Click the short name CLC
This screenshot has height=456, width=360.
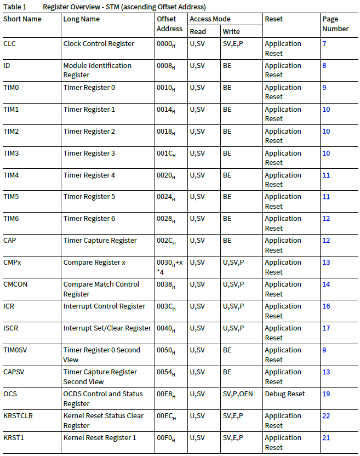tap(9, 43)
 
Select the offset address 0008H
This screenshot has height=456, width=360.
tap(166, 66)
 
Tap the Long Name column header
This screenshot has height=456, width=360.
tap(81, 19)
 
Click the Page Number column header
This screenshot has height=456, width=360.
tap(335, 24)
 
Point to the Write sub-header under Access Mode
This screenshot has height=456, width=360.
tap(231, 31)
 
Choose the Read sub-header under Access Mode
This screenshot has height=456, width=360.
tap(198, 31)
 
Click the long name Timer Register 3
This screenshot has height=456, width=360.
tap(89, 153)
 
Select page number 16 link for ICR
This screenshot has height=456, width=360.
tap(326, 306)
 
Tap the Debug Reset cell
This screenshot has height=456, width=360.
tap(285, 394)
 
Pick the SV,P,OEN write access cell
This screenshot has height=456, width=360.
tap(238, 394)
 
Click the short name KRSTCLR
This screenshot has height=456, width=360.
tap(18, 415)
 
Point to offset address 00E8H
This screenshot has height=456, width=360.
tap(167, 394)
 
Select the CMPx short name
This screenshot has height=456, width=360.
tap(12, 262)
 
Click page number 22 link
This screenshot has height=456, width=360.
tap(326, 415)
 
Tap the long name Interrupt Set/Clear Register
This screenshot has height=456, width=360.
tap(107, 328)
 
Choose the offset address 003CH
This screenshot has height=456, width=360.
tap(167, 306)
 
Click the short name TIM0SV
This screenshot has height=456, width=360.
tap(16, 350)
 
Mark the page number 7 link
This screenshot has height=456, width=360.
tap(324, 43)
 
